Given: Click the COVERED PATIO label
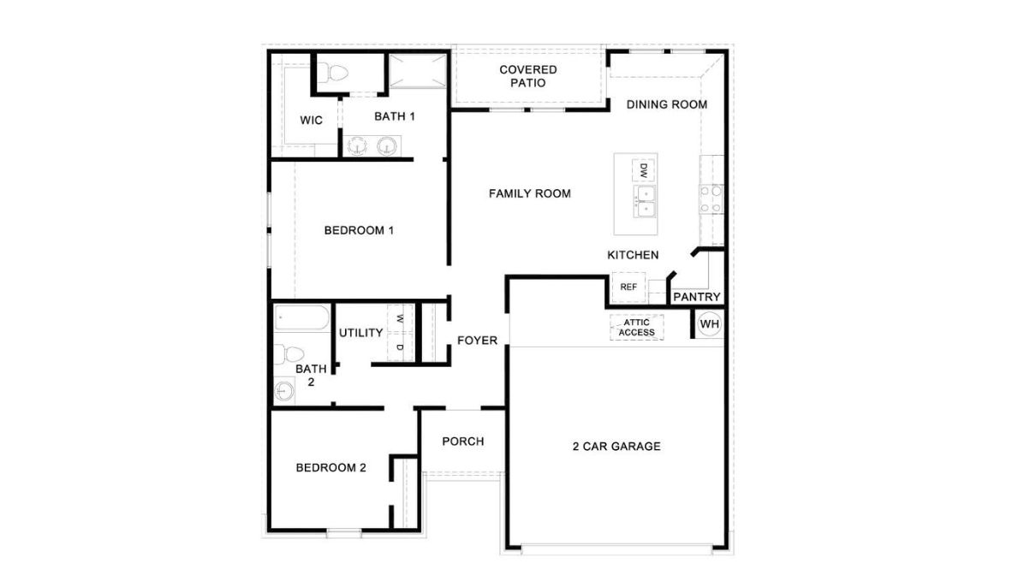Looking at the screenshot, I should pos(528,76).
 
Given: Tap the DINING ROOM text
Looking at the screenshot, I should pos(666,104).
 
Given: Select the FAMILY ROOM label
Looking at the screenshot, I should pos(529,193).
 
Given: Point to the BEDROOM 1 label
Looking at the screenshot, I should pos(359,230).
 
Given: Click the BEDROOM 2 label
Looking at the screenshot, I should pos(330,467).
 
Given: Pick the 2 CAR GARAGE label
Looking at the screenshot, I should pos(616,446).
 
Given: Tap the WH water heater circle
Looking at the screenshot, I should pos(709,324).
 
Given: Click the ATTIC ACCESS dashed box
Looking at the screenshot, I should pos(636,327).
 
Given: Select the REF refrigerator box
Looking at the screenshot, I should pos(628,287).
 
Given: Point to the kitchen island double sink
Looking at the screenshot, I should pos(644,202).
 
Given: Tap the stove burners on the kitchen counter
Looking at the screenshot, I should pos(711,199).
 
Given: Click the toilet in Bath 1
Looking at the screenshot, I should pos(332,74).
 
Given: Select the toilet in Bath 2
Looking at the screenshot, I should pos(291,353).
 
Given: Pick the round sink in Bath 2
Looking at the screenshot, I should pos(285,392).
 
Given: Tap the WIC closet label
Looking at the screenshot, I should pos(312,121).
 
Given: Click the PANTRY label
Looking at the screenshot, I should pos(696,297).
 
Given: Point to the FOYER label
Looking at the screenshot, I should pos(477,341).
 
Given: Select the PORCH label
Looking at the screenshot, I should pos(462,442).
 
